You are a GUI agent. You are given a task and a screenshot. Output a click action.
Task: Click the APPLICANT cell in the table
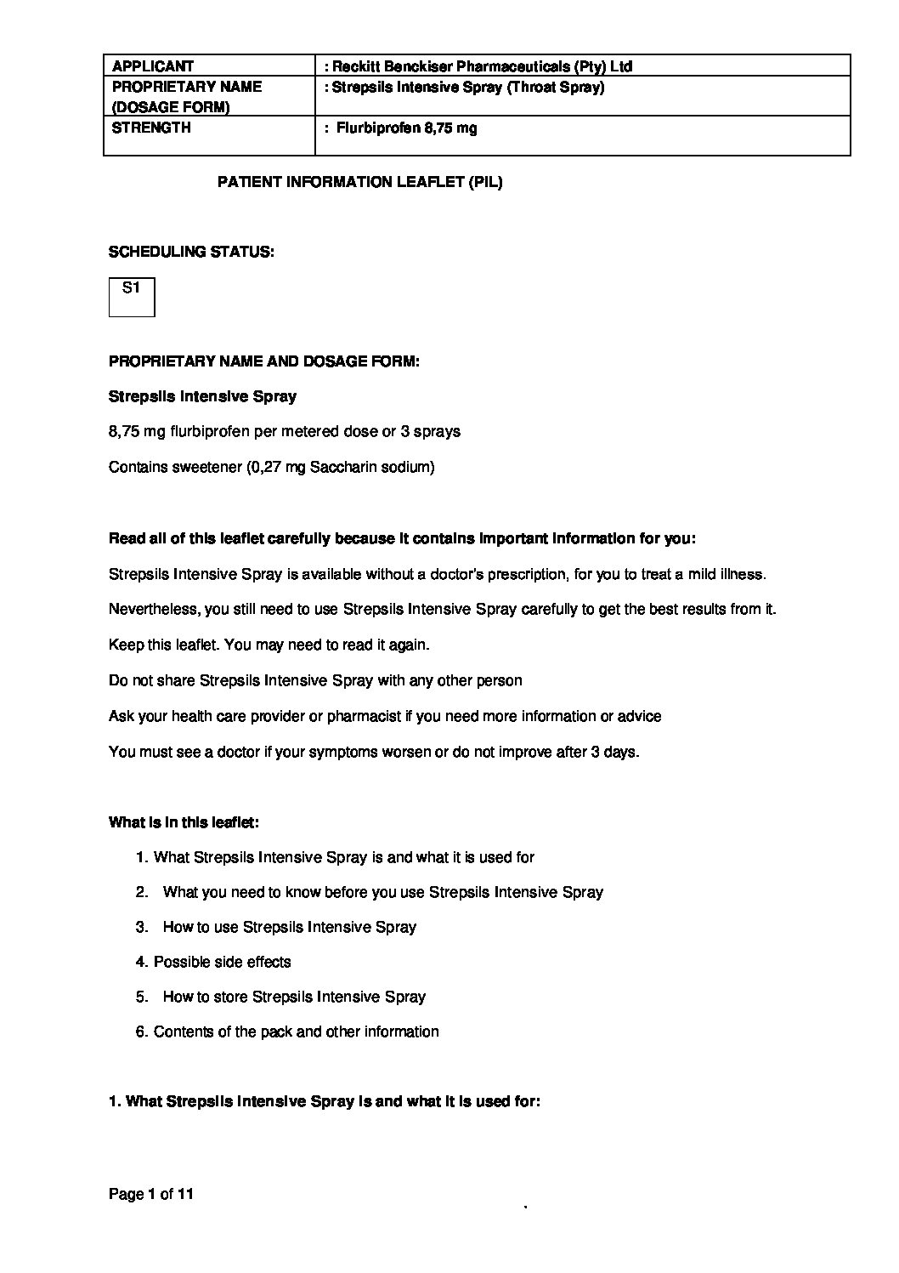pyautogui.click(x=153, y=66)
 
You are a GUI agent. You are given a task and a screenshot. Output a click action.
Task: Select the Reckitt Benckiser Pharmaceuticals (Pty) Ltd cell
pyautogui.click(x=478, y=66)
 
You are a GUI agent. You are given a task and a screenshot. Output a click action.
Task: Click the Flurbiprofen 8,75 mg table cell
pyautogui.click(x=406, y=128)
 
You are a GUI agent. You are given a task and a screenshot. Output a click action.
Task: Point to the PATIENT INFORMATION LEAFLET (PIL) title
pyautogui.click(x=360, y=182)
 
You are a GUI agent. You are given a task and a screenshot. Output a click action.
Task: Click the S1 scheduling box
pyautogui.click(x=132, y=296)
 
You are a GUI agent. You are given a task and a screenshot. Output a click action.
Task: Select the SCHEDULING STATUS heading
pyautogui.click(x=191, y=252)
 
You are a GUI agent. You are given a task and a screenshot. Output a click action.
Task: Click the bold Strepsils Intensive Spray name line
pyautogui.click(x=202, y=396)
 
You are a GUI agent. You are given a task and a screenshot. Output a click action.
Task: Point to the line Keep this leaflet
pyautogui.click(x=269, y=645)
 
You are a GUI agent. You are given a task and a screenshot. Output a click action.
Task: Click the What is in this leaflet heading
pyautogui.click(x=184, y=822)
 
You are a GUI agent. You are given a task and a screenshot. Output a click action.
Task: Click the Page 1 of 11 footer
pyautogui.click(x=151, y=1194)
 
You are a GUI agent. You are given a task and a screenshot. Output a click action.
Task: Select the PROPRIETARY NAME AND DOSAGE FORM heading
pyautogui.click(x=263, y=361)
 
